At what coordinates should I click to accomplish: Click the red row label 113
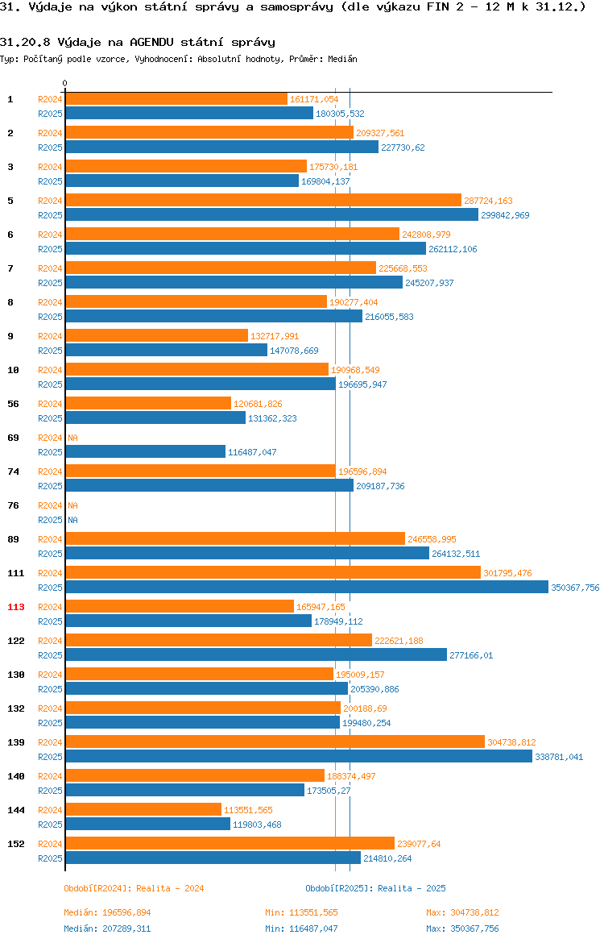click(x=15, y=607)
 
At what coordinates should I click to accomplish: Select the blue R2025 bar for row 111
click(x=307, y=587)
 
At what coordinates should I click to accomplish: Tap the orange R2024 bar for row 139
click(x=275, y=742)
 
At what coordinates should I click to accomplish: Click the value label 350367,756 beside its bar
click(x=575, y=588)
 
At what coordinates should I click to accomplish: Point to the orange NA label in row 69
click(x=72, y=438)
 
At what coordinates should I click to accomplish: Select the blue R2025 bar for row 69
click(x=146, y=451)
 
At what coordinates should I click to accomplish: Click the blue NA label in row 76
click(x=72, y=520)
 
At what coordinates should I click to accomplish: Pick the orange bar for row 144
click(x=143, y=809)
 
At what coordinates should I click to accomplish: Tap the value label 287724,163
click(x=488, y=201)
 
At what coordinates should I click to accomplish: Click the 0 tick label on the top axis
click(x=65, y=84)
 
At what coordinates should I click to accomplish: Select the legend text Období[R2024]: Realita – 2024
click(x=134, y=888)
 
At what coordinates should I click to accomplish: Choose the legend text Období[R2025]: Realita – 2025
click(x=375, y=888)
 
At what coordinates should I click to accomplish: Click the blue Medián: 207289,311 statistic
click(x=108, y=928)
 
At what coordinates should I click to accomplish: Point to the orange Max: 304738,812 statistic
click(x=463, y=912)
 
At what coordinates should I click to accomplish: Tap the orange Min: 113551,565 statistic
click(x=302, y=912)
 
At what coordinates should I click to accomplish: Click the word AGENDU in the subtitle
click(x=151, y=42)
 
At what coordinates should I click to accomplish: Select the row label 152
click(x=15, y=844)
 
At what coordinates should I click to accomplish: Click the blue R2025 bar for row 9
click(x=166, y=350)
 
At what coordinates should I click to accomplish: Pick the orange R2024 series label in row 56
click(x=50, y=404)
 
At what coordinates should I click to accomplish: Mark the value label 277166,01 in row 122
click(x=471, y=655)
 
